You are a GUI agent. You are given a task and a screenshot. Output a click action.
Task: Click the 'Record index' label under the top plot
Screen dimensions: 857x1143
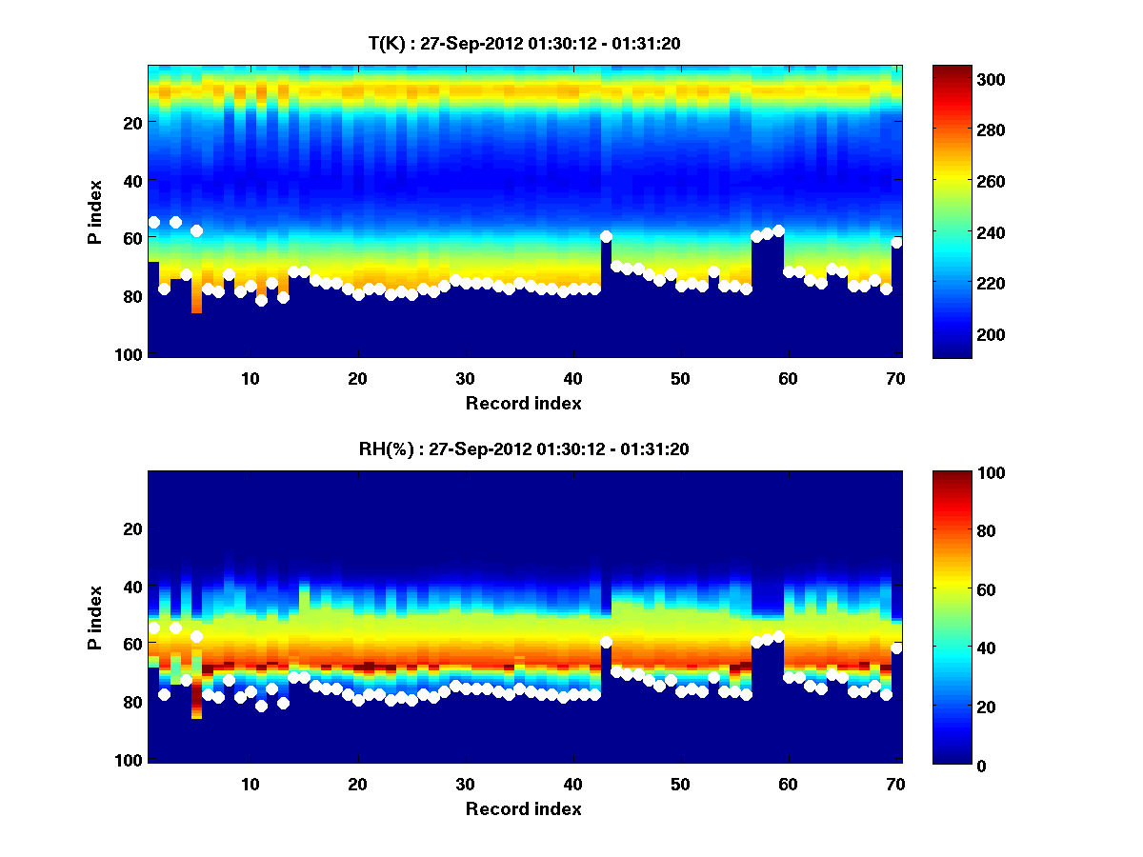tap(524, 404)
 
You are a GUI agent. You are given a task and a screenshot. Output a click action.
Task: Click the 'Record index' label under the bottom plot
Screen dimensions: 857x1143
tap(524, 809)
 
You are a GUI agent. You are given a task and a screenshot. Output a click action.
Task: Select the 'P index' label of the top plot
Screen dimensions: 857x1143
tap(95, 211)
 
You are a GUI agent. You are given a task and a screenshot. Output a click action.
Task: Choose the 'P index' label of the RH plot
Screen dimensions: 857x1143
tap(95, 617)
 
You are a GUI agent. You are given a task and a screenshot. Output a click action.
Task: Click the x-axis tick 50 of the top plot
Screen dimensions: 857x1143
tap(680, 378)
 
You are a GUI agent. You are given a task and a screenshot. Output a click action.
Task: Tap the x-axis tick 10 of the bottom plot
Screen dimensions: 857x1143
tap(251, 784)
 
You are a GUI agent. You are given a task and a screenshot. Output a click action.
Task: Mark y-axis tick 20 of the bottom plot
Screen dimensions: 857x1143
tap(132, 528)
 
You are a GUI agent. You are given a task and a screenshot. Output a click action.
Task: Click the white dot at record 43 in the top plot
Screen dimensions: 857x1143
tap(606, 236)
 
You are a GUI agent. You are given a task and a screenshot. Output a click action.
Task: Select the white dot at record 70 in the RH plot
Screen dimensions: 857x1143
tap(896, 648)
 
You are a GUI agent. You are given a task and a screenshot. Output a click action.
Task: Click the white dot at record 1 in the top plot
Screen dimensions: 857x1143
tap(153, 222)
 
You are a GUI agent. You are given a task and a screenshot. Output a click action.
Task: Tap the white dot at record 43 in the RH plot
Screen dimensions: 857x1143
tap(606, 642)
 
